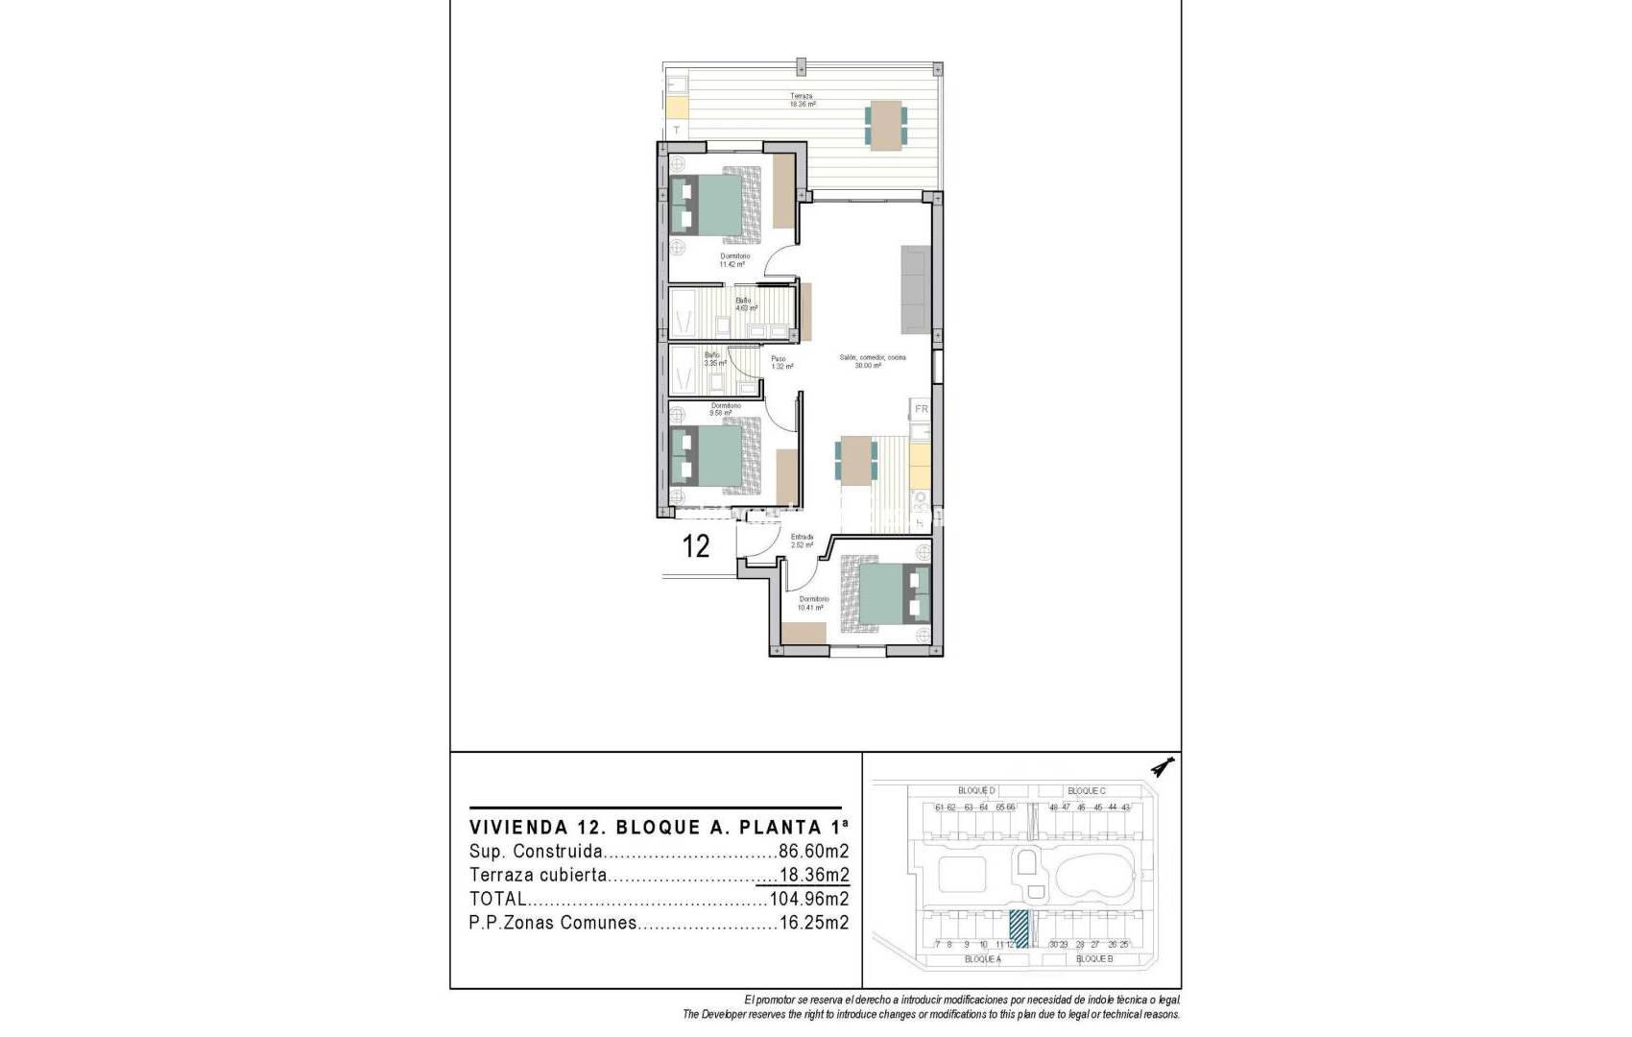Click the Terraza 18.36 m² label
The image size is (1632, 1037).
click(x=802, y=100)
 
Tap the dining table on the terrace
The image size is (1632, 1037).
click(x=886, y=125)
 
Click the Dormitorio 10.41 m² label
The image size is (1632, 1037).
click(x=813, y=603)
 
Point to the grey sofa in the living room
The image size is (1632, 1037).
click(x=915, y=288)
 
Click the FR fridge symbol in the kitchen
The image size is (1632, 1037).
click(x=921, y=409)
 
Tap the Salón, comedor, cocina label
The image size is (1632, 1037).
click(x=872, y=361)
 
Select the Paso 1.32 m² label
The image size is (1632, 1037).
click(x=780, y=363)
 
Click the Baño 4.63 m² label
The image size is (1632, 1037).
click(x=746, y=304)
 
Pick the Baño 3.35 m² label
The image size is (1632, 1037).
click(x=713, y=359)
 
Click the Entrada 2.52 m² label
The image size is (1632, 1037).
click(x=802, y=541)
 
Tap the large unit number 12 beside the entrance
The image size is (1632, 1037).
click(x=695, y=546)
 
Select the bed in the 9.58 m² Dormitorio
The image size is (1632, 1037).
click(x=718, y=455)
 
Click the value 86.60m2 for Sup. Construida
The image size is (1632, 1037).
click(x=813, y=852)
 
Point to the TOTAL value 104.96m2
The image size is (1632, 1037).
click(x=808, y=900)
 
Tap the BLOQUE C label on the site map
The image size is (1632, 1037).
click(x=1086, y=791)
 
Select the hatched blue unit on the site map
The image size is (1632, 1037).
click(x=1019, y=928)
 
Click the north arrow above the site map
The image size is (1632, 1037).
click(x=1164, y=767)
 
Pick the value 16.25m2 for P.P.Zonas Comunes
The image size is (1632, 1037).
click(x=813, y=924)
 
